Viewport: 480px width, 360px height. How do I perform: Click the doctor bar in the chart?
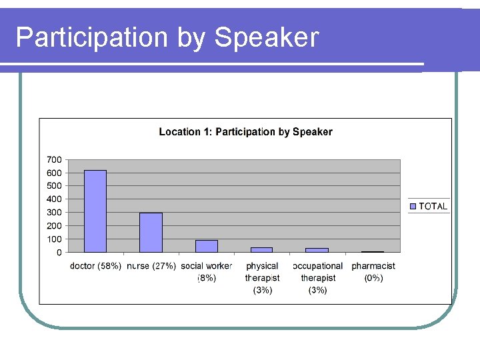pos(95,211)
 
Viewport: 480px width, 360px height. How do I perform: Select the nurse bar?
pos(151,232)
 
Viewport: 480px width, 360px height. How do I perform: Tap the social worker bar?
pos(207,246)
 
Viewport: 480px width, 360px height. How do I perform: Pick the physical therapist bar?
pos(262,249)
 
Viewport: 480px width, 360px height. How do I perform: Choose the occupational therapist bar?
pos(317,250)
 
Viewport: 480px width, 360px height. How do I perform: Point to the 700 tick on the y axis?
pos(54,159)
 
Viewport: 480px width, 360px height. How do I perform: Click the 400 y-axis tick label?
pos(54,199)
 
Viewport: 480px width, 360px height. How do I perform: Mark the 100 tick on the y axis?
pos(54,239)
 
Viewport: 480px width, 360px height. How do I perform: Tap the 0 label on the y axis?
pos(59,252)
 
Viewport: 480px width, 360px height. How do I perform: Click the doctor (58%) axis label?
pos(95,266)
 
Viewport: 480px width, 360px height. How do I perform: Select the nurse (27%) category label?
pos(151,266)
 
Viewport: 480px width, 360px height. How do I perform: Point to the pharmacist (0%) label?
pos(373,271)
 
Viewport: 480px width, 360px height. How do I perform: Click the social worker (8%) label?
pos(207,271)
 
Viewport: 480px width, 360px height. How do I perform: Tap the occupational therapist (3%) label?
pos(318,277)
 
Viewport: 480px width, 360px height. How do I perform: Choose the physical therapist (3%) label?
pos(263,277)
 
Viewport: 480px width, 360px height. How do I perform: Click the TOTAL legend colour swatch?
pos(413,206)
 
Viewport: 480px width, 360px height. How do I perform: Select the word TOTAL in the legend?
pos(433,206)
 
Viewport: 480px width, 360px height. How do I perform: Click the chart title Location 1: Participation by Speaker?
pos(245,132)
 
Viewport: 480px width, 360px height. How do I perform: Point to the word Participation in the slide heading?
pos(93,38)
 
